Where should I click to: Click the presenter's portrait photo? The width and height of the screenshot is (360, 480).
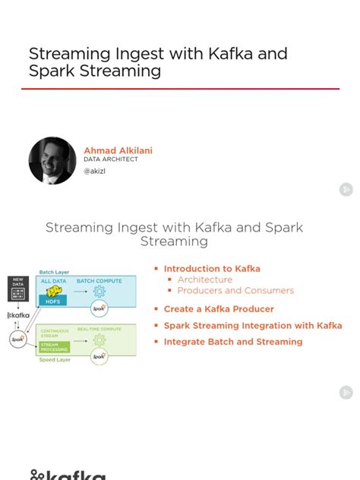(x=52, y=160)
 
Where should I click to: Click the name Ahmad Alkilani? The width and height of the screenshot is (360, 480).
(x=118, y=150)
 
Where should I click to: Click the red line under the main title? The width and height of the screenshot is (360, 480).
(x=180, y=89)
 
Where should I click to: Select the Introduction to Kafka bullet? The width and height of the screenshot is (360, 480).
(x=212, y=269)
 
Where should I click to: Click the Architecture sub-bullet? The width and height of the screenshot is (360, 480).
(x=205, y=279)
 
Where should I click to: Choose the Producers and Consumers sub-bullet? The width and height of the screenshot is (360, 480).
(x=235, y=291)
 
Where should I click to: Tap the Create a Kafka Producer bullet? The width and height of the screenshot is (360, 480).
(x=219, y=309)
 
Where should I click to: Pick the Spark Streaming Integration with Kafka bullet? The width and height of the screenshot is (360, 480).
(x=253, y=326)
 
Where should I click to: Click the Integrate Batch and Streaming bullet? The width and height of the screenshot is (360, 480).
(x=233, y=342)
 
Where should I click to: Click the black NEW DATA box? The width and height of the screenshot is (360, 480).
(x=17, y=289)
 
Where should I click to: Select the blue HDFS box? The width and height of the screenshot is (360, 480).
(x=54, y=300)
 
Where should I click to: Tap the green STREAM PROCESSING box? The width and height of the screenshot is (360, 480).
(x=54, y=346)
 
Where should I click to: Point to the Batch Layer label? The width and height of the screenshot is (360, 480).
(x=55, y=271)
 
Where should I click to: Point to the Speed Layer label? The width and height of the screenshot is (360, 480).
(x=55, y=360)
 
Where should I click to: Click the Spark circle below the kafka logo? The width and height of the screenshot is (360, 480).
(x=17, y=339)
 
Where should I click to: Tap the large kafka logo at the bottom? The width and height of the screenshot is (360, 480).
(x=68, y=475)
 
